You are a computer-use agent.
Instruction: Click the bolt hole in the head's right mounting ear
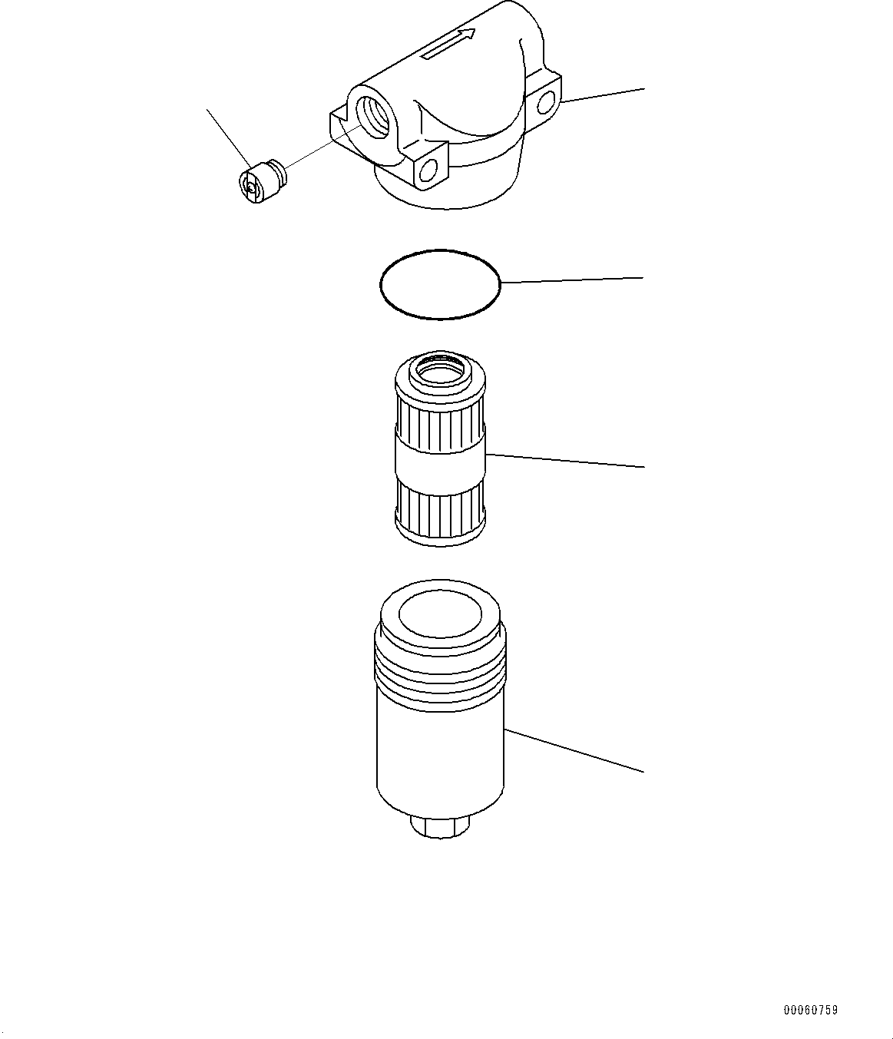[x=546, y=102]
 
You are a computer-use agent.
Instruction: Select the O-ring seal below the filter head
[x=440, y=283]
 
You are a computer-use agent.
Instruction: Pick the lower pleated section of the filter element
[x=440, y=510]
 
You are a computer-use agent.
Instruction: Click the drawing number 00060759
[x=810, y=1011]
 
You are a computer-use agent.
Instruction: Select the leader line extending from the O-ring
[x=572, y=280]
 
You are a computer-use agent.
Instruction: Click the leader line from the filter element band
[x=564, y=461]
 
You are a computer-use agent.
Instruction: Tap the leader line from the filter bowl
[x=572, y=750]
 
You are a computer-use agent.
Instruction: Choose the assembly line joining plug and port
[x=322, y=151]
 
